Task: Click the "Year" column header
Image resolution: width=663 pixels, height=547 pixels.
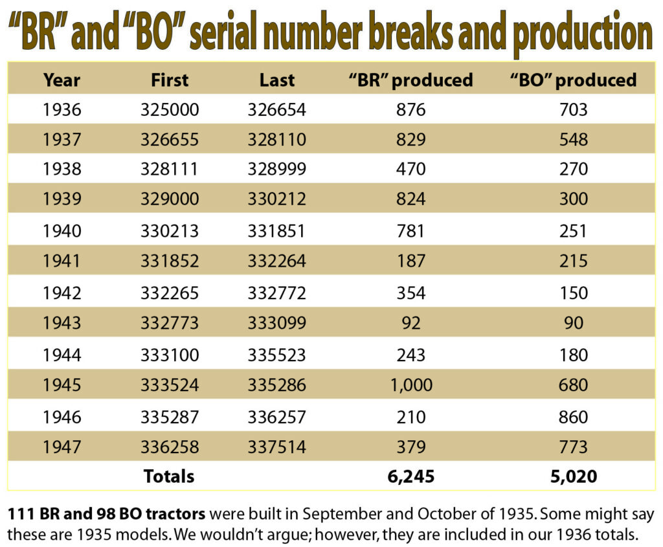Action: [62, 80]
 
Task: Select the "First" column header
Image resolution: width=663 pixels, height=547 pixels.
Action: [170, 80]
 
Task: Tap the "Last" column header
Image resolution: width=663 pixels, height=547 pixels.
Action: [276, 80]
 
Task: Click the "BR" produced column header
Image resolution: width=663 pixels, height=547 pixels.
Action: [410, 80]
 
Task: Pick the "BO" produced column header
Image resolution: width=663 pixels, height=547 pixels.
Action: [574, 80]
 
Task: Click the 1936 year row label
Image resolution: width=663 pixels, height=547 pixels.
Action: [62, 110]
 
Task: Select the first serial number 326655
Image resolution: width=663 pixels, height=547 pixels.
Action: [170, 140]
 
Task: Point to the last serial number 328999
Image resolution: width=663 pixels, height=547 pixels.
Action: [276, 170]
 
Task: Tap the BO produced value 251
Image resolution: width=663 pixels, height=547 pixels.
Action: [574, 231]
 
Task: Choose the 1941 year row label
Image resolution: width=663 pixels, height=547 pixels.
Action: [62, 262]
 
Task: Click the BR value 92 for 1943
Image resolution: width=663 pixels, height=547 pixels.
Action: [410, 323]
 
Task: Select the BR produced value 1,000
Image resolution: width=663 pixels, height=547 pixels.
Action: [410, 385]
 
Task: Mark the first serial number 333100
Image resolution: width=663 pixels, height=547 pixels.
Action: [170, 355]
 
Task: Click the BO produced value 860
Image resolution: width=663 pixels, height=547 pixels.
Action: [574, 416]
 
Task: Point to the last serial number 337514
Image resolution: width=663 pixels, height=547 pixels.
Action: [276, 447]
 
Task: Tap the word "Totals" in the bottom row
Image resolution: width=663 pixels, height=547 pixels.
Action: [168, 477]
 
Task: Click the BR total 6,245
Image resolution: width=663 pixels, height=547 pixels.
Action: [410, 477]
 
